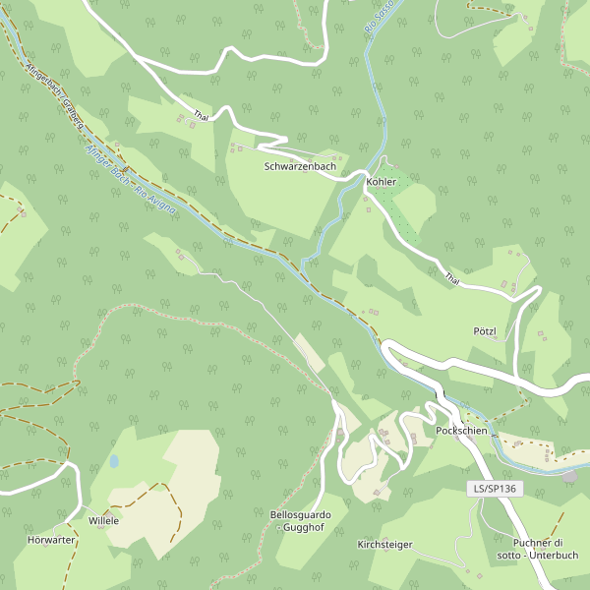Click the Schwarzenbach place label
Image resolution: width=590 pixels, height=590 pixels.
[x=300, y=167]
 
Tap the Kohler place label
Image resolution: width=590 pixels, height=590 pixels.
[x=381, y=183]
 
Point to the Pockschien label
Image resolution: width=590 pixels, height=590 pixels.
[x=463, y=433]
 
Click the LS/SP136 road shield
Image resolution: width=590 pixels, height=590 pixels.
[x=494, y=488]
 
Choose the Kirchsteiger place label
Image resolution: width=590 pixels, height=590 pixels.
[x=384, y=544]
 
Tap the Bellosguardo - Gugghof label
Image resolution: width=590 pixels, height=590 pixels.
[x=300, y=521]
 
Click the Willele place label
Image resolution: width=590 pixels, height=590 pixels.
[x=103, y=520]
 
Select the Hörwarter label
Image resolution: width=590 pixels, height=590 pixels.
[x=52, y=541]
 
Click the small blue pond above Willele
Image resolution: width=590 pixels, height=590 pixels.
[x=114, y=460]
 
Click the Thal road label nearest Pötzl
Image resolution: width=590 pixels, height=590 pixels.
[x=451, y=278]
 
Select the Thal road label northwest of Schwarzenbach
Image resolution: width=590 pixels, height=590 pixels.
[x=202, y=116]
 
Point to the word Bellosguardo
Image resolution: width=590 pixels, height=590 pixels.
[x=300, y=514]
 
